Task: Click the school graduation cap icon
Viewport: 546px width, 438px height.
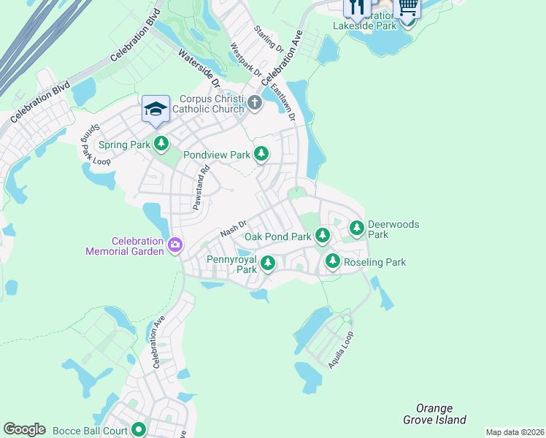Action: pos(155,109)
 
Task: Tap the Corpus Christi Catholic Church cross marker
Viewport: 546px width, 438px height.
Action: pos(255,102)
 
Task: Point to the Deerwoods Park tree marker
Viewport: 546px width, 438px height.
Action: pos(357,228)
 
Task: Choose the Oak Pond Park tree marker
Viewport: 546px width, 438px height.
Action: pos(323,236)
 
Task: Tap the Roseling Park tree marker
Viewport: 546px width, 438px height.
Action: pos(333,261)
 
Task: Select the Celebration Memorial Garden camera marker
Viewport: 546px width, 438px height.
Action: pos(175,245)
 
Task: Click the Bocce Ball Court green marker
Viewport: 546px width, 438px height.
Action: pos(139,429)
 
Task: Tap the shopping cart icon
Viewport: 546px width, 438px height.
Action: pos(407,7)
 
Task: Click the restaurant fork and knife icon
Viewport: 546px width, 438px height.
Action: pos(356,7)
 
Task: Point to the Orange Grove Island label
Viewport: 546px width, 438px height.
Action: pos(434,414)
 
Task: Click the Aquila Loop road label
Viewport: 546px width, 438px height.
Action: pos(341,350)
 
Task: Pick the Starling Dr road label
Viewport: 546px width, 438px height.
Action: pos(269,39)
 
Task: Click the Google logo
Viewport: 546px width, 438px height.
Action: pos(24,429)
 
